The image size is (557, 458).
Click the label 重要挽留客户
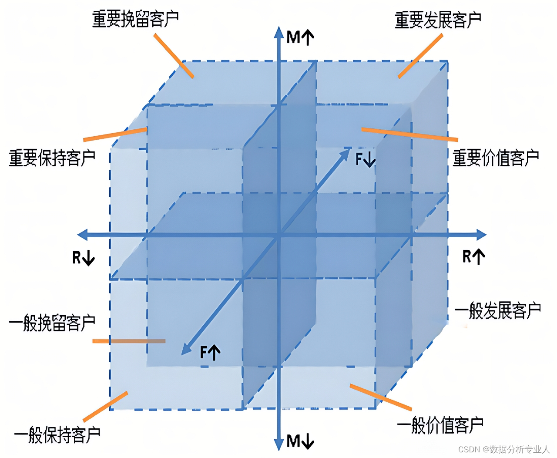(135, 19)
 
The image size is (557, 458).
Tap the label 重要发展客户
(438, 20)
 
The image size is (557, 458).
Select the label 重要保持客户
(52, 158)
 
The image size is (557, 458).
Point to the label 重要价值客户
(496, 158)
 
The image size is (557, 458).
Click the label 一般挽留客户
(52, 323)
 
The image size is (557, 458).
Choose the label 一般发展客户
(498, 311)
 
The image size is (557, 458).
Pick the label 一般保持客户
(57, 434)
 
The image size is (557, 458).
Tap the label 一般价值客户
(440, 425)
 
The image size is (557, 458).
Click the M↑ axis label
(300, 37)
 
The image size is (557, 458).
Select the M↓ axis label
(300, 441)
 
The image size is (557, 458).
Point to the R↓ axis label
(84, 258)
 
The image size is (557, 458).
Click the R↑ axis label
(473, 256)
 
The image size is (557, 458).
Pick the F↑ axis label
(210, 352)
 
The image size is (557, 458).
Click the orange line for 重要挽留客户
(174, 56)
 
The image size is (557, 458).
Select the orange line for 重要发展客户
(420, 56)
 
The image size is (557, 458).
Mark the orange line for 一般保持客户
(105, 407)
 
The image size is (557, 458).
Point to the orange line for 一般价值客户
(381, 397)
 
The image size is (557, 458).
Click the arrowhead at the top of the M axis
(279, 32)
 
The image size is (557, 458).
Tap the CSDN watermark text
(504, 449)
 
